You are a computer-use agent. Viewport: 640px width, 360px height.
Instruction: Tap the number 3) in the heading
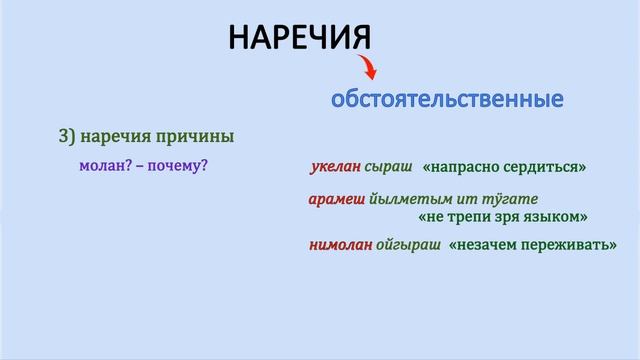[x=68, y=136]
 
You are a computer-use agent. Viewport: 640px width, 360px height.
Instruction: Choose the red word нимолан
[x=340, y=244]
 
